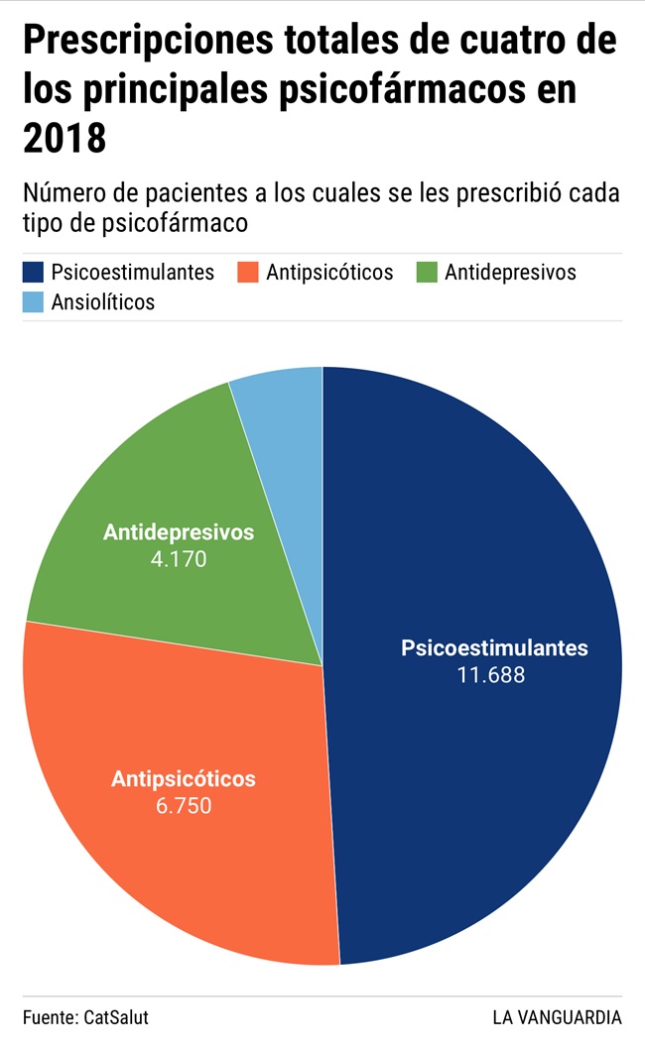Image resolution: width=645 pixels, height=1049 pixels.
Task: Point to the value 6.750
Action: click(184, 805)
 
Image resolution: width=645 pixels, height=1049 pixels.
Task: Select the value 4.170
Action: click(179, 558)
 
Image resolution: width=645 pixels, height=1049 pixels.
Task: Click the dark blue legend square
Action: click(35, 272)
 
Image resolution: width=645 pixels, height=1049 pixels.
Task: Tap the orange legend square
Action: click(248, 272)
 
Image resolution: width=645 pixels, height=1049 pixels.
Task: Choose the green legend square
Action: click(427, 272)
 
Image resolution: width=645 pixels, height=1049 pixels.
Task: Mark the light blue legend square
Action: click(35, 302)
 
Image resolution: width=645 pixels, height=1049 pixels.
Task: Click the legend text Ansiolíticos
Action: click(103, 302)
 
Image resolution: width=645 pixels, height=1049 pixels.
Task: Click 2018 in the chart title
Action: click(64, 137)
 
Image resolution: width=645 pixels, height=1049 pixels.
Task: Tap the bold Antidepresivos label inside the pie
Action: click(179, 532)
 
